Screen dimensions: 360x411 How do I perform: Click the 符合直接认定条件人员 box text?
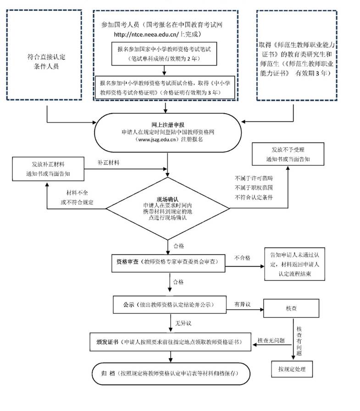coord(46,61)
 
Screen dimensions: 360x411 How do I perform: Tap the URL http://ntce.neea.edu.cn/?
coord(146,34)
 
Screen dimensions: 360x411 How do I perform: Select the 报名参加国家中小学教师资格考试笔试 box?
coord(164,54)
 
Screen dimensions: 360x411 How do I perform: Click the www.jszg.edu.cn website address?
coord(157,139)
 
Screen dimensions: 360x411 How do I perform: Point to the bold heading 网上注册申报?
coord(168,125)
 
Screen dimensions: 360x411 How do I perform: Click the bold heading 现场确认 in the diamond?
coord(167,199)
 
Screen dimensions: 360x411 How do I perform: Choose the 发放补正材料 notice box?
coord(48,169)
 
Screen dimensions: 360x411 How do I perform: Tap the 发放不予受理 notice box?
coord(288,154)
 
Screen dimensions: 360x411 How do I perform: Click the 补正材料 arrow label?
coord(108,163)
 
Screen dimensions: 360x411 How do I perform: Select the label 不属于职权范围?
coord(254,188)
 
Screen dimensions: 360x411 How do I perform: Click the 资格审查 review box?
coord(168,263)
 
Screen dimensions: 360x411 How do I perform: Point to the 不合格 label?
coord(242,258)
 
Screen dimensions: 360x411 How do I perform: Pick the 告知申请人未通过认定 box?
coord(295,264)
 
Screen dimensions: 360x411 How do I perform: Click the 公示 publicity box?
coord(170,305)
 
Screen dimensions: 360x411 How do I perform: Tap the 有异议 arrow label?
coord(243,304)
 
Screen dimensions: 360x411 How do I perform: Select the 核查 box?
coord(291,308)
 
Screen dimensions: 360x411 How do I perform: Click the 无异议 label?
coord(183,323)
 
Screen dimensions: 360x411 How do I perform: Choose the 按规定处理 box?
coord(292,369)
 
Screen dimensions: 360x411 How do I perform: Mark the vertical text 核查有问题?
coord(299,341)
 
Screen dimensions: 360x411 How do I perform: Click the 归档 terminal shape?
coord(171,373)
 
